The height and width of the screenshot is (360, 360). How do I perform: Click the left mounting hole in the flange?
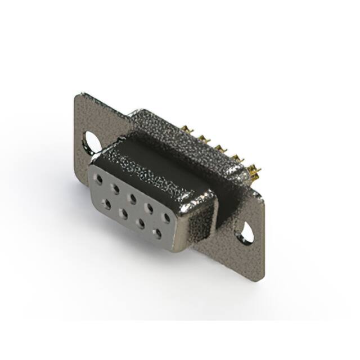click(92, 142)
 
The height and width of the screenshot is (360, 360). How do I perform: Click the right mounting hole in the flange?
click(244, 232)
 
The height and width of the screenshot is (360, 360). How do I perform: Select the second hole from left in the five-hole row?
click(116, 188)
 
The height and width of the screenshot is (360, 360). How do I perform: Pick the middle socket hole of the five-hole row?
click(133, 197)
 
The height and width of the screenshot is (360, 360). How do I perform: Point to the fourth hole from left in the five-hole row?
click(150, 206)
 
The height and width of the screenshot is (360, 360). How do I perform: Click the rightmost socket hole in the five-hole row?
click(166, 216)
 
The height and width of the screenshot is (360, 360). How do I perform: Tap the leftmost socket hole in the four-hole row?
click(106, 204)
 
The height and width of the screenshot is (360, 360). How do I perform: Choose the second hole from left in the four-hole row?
click(123, 213)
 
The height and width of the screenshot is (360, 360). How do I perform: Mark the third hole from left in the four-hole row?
click(140, 223)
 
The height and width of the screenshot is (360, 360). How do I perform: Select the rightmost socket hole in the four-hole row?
click(157, 232)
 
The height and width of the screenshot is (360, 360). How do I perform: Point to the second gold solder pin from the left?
click(201, 139)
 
